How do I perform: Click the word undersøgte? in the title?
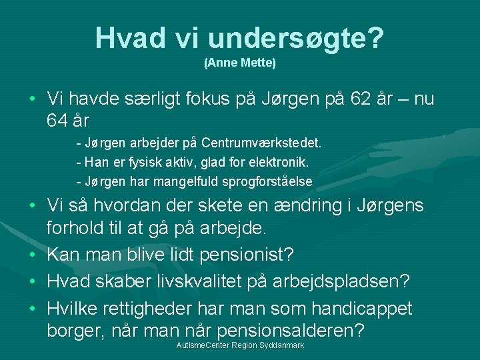pyautogui.click(x=295, y=38)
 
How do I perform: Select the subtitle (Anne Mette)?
pyautogui.click(x=239, y=63)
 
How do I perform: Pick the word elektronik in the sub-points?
pyautogui.click(x=283, y=162)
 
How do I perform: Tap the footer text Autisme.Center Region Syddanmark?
pyautogui.click(x=239, y=345)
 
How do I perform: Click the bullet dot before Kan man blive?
pyautogui.click(x=33, y=255)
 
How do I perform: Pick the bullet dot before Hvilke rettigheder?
pyautogui.click(x=33, y=309)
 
